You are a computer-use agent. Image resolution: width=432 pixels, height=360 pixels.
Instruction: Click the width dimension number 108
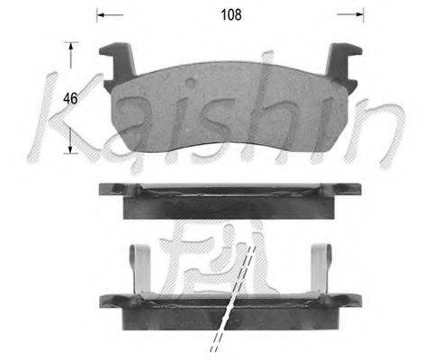[x=231, y=14]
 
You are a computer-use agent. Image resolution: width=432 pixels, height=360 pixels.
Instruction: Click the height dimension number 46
[x=70, y=98]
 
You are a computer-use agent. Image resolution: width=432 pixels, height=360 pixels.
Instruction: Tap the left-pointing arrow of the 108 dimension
[x=111, y=14]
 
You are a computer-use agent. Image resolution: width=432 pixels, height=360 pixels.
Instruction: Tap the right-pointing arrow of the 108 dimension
[x=350, y=14]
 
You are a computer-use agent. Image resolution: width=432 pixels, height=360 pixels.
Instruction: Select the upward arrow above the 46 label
[x=70, y=56]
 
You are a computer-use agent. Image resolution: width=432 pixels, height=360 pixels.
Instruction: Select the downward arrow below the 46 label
[x=70, y=140]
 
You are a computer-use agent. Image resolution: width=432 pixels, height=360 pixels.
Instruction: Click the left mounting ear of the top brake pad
[x=117, y=67]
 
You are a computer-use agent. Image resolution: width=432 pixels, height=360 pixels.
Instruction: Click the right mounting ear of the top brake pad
[x=344, y=67]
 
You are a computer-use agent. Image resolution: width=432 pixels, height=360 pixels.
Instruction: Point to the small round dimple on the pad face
[x=191, y=83]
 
